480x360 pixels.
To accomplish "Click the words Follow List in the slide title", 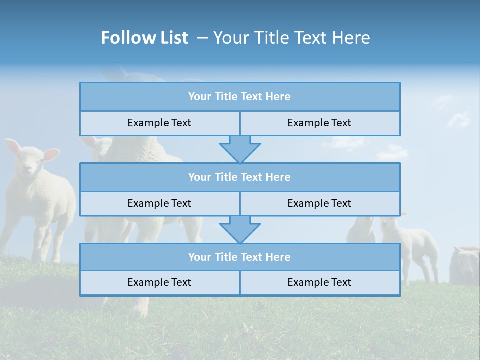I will click(x=144, y=38).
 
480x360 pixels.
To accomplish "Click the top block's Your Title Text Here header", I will click(x=239, y=97).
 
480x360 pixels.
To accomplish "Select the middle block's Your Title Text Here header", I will click(x=239, y=177).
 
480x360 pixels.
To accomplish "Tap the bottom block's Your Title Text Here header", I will click(x=239, y=257).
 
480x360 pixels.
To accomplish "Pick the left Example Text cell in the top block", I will click(x=159, y=123).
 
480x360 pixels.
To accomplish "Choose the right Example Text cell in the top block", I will click(x=319, y=123).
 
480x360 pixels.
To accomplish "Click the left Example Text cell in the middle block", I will click(x=159, y=204).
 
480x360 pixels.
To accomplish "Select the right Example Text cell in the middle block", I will click(x=319, y=204).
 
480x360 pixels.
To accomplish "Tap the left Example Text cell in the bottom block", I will click(x=159, y=283).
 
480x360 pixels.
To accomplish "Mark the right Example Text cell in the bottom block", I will click(x=319, y=283).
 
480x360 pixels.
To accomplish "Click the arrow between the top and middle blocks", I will click(x=240, y=149).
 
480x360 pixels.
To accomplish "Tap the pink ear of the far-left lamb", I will click(x=51, y=154).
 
